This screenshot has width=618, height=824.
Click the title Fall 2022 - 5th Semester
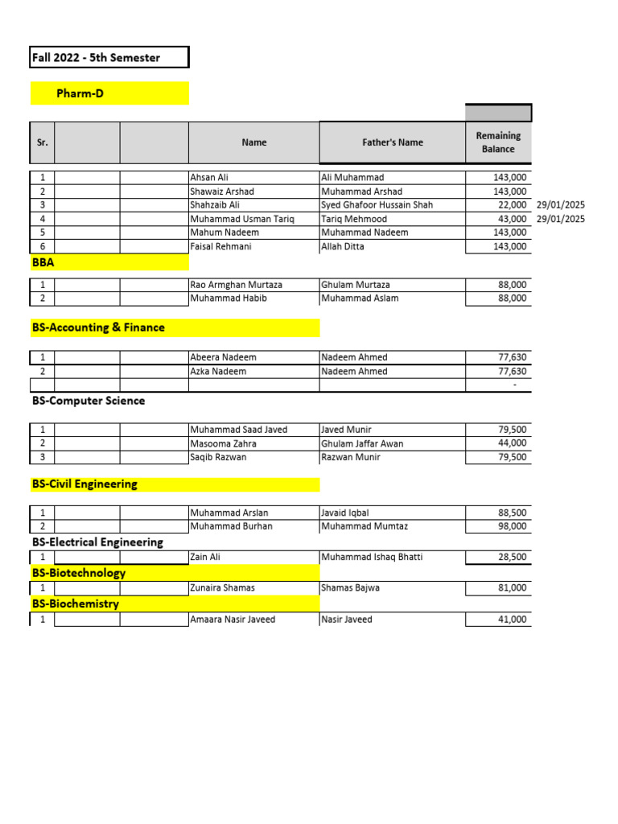pyautogui.click(x=96, y=58)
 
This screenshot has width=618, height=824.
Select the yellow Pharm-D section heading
pyautogui.click(x=80, y=94)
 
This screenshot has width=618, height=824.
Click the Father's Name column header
pyautogui.click(x=392, y=142)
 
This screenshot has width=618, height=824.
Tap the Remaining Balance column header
pyautogui.click(x=498, y=142)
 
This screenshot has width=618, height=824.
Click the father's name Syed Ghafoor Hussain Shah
pyautogui.click(x=377, y=205)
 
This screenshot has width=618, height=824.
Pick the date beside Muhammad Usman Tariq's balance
pyautogui.click(x=561, y=219)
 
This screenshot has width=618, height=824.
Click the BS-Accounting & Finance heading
pyautogui.click(x=98, y=328)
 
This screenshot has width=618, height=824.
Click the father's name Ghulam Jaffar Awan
pyautogui.click(x=362, y=443)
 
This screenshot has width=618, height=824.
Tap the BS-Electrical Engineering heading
pyautogui.click(x=97, y=542)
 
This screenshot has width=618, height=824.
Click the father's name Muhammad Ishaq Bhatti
pyautogui.click(x=371, y=557)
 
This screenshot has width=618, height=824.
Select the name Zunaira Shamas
pyautogui.click(x=222, y=587)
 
